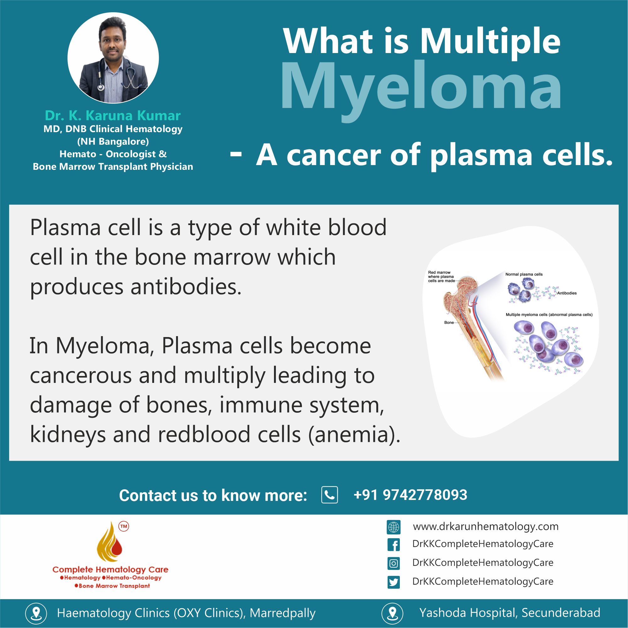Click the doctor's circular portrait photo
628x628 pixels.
coord(113,58)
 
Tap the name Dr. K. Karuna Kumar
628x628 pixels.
coord(113,115)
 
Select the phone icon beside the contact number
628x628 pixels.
coord(330,495)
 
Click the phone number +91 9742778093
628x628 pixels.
coord(410,495)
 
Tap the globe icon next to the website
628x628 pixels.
coord(393,527)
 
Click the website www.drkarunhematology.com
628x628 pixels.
coord(486,526)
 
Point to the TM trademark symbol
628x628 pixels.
coord(124,527)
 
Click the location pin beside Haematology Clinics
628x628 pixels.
coord(36,613)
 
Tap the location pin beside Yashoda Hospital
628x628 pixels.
coord(392,613)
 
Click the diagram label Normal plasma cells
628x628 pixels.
coord(524,274)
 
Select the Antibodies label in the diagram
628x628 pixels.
coord(567,293)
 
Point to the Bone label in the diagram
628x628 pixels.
coord(448,322)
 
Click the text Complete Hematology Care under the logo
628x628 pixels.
coord(110,570)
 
